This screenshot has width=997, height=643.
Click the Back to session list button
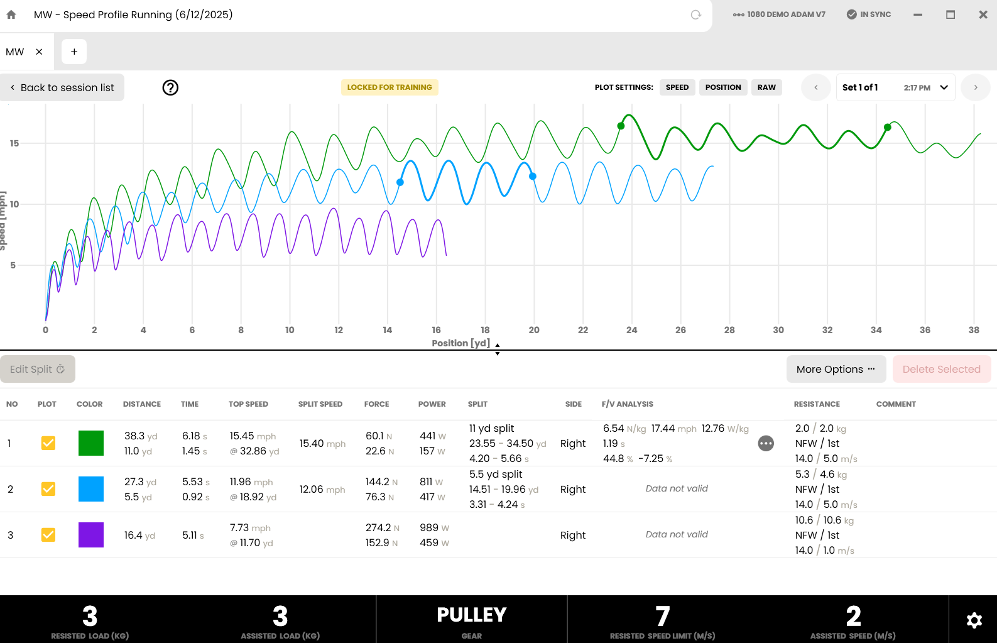tap(62, 87)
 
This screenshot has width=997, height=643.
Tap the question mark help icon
tap(170, 88)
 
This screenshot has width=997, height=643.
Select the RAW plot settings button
tap(766, 87)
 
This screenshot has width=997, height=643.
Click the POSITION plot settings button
tap(723, 87)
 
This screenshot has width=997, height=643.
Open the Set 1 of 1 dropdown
tap(895, 87)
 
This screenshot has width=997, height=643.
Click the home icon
tap(11, 14)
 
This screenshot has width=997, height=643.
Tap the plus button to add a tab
tap(74, 52)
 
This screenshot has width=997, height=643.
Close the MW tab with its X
tap(39, 52)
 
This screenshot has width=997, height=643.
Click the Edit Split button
tap(38, 369)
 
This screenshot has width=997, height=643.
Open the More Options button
tap(836, 369)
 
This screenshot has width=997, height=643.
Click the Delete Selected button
tap(941, 369)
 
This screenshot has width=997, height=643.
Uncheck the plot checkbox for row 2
tap(48, 489)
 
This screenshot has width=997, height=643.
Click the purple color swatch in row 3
tap(91, 535)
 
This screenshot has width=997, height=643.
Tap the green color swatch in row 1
tap(91, 443)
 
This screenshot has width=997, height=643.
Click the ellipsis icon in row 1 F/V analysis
tap(766, 444)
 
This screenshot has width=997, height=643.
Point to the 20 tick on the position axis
tap(533, 330)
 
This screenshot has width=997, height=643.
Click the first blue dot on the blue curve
tap(400, 182)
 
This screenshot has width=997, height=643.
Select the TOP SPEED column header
tap(248, 404)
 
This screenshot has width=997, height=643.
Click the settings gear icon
tap(974, 620)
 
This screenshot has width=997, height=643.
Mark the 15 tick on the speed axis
tap(14, 143)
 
